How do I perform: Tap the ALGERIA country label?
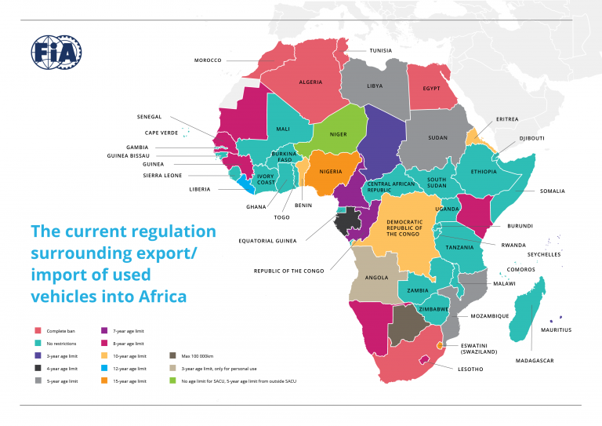click(x=310, y=82)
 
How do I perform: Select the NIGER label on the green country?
click(x=338, y=134)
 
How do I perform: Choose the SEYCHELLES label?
click(x=543, y=253)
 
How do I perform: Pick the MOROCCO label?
click(x=208, y=60)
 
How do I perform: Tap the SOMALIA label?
click(x=552, y=191)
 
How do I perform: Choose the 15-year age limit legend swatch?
click(x=105, y=380)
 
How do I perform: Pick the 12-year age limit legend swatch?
click(x=105, y=369)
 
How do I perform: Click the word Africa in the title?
click(x=161, y=297)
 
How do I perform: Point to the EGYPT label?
click(x=432, y=88)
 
